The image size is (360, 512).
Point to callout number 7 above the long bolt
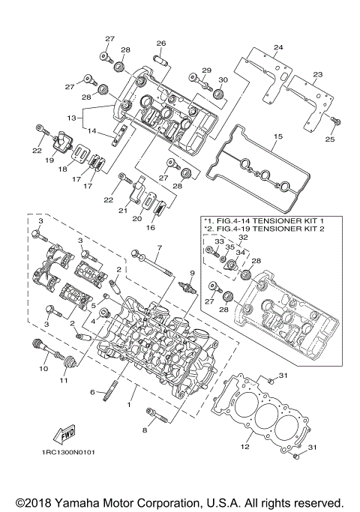(x=159, y=247)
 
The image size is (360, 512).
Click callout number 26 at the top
(x=160, y=43)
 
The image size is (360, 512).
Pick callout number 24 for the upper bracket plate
(x=278, y=49)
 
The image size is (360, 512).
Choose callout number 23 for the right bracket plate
(x=317, y=75)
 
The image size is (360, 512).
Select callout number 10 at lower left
(x=43, y=369)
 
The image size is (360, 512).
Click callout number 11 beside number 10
(x=64, y=381)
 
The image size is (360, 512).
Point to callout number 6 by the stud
(x=94, y=392)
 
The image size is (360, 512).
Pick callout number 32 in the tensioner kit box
(x=242, y=237)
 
